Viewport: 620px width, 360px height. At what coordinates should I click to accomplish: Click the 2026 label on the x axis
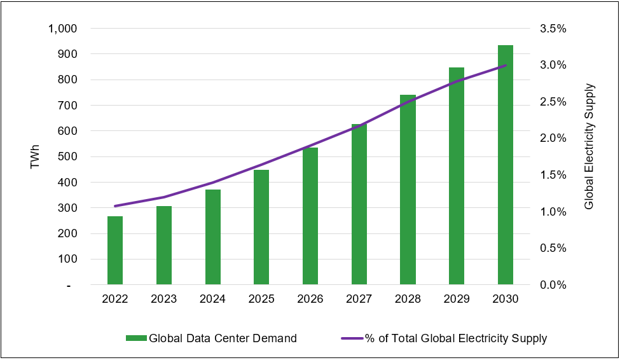coord(310,299)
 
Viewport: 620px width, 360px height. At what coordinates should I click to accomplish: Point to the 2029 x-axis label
coord(457,299)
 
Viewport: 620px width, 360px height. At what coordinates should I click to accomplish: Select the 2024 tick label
coord(212,299)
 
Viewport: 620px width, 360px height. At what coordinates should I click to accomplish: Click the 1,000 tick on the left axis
coord(63,29)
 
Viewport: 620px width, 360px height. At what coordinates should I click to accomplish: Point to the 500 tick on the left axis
coord(67,157)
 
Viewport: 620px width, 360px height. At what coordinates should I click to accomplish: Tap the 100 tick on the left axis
coord(67,260)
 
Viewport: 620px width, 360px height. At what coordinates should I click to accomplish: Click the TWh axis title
coord(35,157)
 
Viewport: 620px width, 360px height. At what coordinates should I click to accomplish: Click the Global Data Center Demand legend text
coord(223,338)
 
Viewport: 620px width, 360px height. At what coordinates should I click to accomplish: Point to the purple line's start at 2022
coord(115,206)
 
